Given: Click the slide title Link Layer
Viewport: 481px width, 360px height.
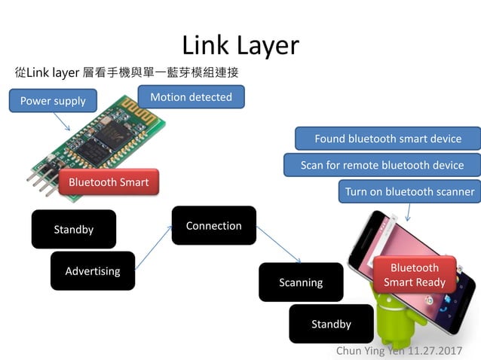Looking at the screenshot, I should coord(240,45).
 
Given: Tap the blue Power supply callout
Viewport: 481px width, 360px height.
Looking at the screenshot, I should coord(53,101).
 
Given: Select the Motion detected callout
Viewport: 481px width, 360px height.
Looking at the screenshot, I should coord(191,97).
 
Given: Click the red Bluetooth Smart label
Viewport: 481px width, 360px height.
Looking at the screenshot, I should coord(109,182).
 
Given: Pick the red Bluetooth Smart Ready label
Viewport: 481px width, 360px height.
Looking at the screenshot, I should coord(414,276).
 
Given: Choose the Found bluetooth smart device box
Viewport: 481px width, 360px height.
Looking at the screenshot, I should coord(388,139).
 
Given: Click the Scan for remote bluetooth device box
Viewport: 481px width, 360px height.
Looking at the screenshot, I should coord(381,165).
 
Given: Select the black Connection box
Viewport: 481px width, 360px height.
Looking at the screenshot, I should coord(213,225).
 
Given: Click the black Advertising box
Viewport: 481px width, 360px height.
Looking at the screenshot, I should coord(92,270).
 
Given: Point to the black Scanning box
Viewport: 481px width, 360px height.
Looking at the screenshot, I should coord(300,282).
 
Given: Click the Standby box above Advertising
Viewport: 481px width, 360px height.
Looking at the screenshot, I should coord(73,229).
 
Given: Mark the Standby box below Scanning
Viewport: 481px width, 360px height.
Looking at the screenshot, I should coord(331,324).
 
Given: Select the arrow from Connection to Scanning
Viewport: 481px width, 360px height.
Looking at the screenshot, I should coord(279,244).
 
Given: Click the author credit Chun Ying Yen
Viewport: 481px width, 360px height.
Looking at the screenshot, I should coord(399,351).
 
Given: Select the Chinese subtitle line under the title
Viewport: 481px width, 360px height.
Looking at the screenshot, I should coord(126,73).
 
